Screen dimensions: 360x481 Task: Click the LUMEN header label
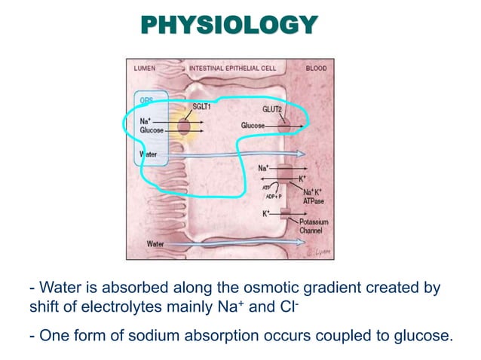tap(145, 68)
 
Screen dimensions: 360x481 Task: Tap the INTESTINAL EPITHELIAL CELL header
tap(232, 68)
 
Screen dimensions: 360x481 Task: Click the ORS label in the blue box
tap(146, 101)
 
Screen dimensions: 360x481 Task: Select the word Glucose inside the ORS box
tap(152, 130)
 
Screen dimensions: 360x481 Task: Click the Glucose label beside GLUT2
tap(253, 125)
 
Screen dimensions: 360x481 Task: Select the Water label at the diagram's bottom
tap(155, 244)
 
